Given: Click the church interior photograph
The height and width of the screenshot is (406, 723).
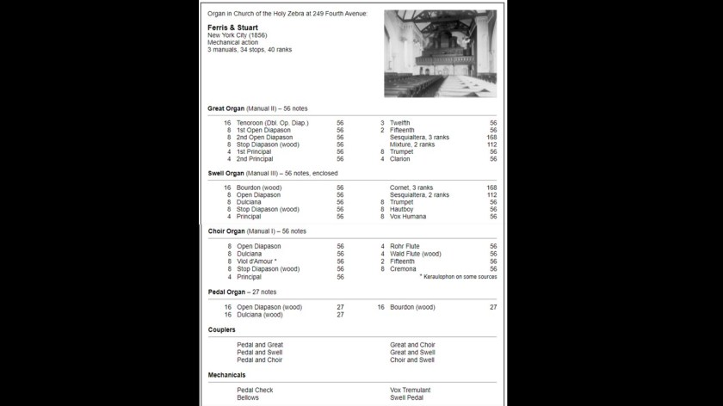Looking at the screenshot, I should pyautogui.click(x=440, y=52).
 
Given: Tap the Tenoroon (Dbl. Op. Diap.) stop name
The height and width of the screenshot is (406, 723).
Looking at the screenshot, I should pyautogui.click(x=273, y=123).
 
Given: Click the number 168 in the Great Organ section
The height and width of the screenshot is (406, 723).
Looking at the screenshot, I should pyautogui.click(x=491, y=137).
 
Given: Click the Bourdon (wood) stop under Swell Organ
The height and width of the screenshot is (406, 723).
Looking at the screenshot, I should pyautogui.click(x=260, y=188).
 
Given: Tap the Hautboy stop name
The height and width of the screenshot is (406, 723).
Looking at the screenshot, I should pyautogui.click(x=403, y=209).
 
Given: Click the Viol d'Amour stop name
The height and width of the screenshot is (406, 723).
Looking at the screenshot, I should pyautogui.click(x=256, y=261).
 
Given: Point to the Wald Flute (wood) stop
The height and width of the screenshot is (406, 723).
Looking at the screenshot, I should pyautogui.click(x=416, y=254).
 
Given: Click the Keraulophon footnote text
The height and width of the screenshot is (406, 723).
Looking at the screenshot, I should pyautogui.click(x=458, y=277).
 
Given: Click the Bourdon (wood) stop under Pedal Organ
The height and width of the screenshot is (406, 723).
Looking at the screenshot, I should pyautogui.click(x=412, y=307).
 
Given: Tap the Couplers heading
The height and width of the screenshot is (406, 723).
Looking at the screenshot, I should pyautogui.click(x=222, y=329).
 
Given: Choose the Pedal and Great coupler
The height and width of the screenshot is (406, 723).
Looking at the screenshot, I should pyautogui.click(x=260, y=345).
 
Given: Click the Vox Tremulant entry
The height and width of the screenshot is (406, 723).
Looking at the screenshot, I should pyautogui.click(x=411, y=391).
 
